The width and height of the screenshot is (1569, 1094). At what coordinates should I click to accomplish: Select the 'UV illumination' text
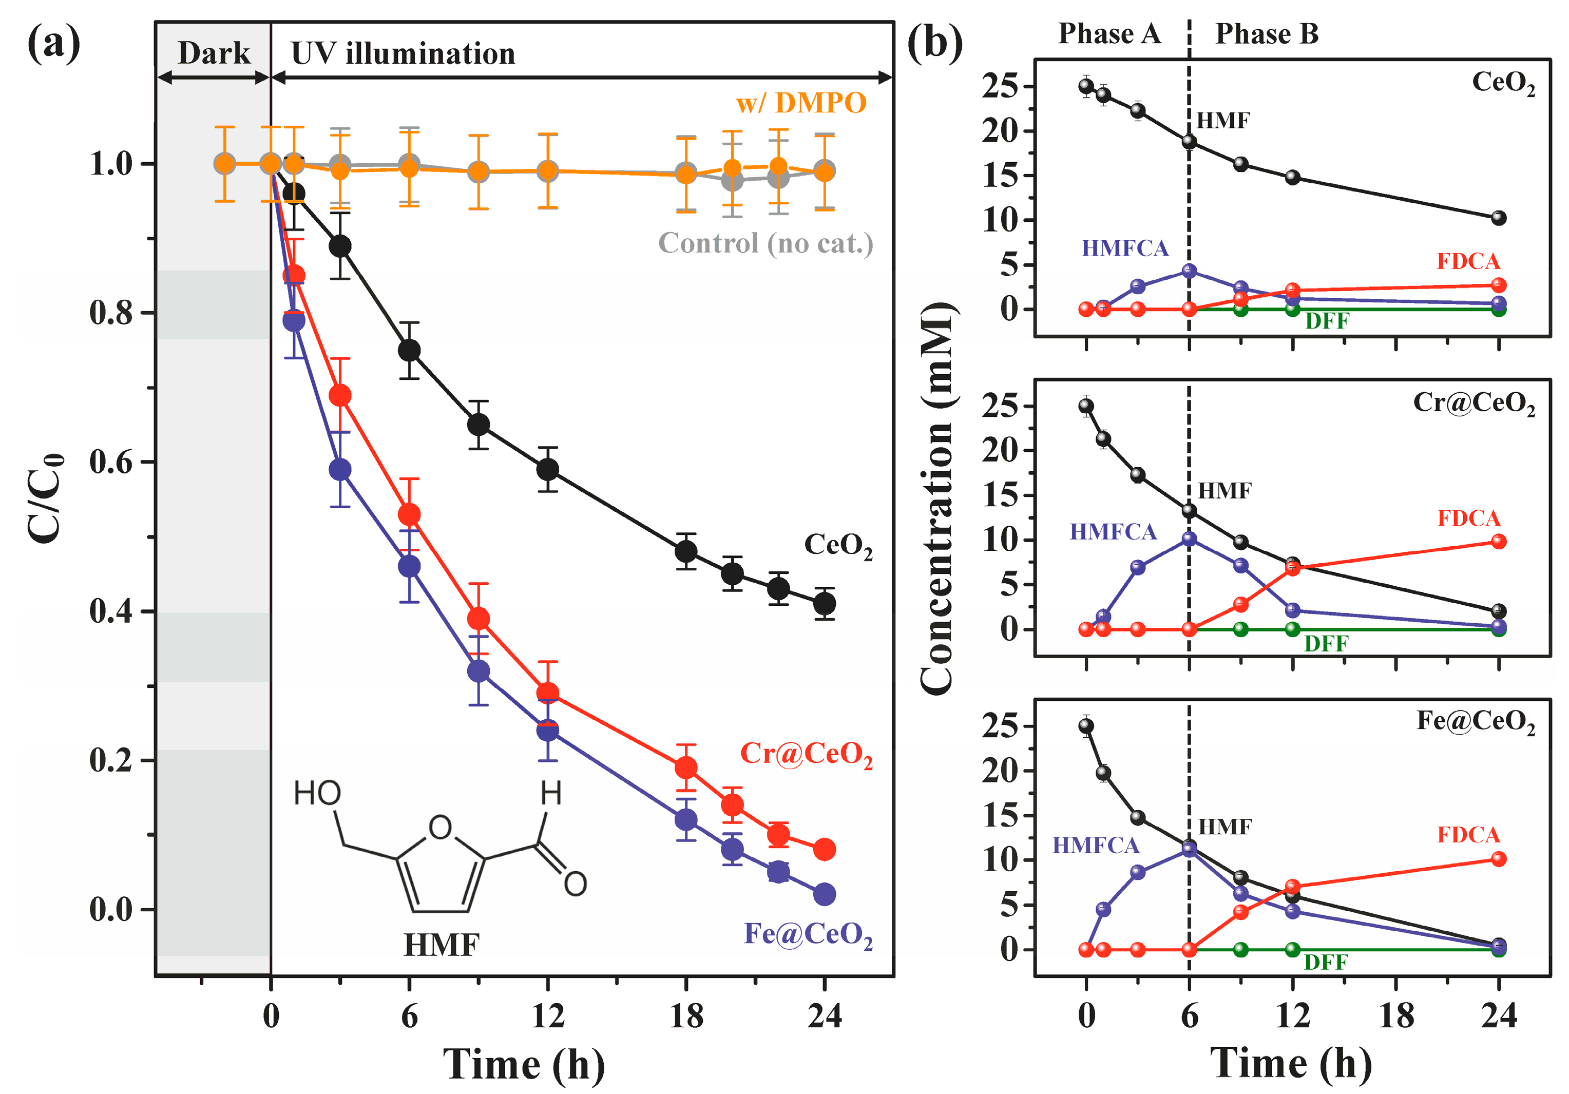(x=403, y=53)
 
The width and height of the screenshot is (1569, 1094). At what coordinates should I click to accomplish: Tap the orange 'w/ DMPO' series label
(x=801, y=103)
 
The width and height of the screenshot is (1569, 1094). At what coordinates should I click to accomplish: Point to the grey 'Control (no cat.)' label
(x=766, y=243)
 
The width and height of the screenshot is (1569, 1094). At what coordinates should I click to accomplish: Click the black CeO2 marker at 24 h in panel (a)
(x=825, y=604)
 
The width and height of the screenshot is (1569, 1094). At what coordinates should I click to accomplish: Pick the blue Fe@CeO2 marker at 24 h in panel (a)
(x=825, y=894)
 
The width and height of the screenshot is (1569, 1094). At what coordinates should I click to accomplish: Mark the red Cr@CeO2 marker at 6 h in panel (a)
(x=409, y=514)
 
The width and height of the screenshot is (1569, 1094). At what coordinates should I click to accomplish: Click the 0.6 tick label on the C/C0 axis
(x=111, y=462)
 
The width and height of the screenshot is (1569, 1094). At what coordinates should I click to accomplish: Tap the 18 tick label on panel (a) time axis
(x=686, y=1016)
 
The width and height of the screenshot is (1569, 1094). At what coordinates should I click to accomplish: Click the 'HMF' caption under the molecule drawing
(x=442, y=946)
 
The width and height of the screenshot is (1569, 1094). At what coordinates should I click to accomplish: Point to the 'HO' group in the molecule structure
(x=317, y=794)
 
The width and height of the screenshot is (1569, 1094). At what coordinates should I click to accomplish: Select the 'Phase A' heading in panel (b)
(x=1109, y=33)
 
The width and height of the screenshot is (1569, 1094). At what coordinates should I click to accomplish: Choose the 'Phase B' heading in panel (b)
(x=1266, y=33)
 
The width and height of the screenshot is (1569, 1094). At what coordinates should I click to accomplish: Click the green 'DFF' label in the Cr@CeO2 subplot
(x=1326, y=644)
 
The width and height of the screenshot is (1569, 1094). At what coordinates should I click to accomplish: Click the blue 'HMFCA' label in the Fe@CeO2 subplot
(x=1096, y=846)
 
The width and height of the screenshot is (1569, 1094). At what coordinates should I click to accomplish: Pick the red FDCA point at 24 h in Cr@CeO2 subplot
(x=1499, y=542)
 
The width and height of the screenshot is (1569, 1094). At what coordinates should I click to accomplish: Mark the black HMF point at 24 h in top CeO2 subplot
(x=1499, y=218)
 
